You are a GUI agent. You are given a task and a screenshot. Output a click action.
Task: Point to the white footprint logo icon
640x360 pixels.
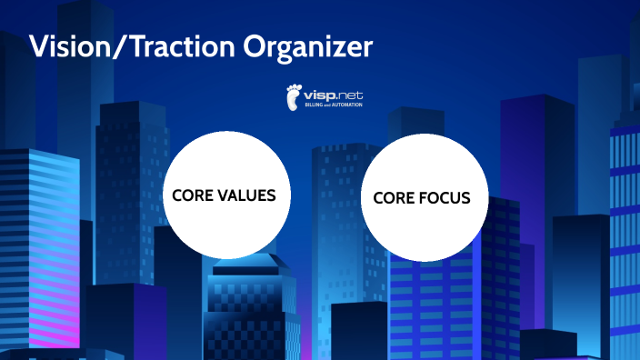coord(294,95)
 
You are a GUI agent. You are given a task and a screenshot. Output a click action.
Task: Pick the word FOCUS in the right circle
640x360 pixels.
coord(445,198)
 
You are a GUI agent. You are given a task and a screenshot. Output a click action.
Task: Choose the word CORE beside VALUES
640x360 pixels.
coord(192,195)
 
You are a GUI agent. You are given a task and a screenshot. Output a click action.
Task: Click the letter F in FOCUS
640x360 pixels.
coord(423,198)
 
